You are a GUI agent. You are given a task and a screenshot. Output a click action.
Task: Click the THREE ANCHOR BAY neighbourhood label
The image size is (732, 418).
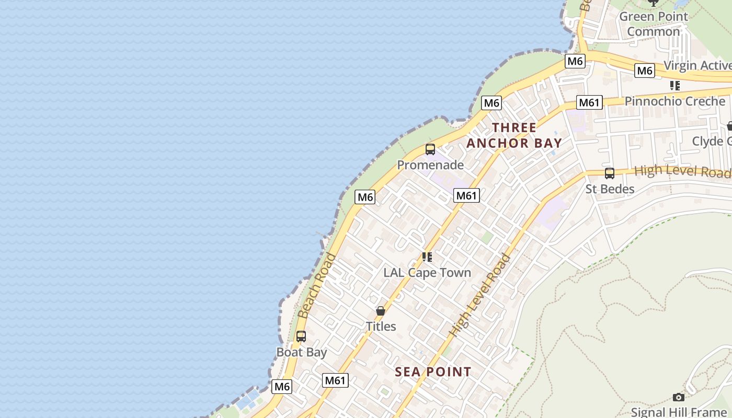click(514, 135)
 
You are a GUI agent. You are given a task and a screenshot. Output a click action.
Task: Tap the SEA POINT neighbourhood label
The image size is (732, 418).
click(433, 372)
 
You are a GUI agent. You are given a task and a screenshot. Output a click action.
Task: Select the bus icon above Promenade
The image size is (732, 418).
click(430, 149)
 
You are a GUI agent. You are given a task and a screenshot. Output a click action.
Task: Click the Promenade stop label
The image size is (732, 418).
click(430, 165)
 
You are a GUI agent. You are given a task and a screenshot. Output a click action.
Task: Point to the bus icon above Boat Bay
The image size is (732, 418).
click(301, 336)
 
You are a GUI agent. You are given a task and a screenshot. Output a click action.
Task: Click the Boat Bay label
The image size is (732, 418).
click(302, 352)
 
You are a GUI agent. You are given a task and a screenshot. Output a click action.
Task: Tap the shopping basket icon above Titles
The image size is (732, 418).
click(381, 311)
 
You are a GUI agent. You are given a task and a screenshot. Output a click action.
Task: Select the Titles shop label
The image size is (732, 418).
click(381, 327)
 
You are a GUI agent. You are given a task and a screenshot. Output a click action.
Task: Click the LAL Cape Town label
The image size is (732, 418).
click(427, 273)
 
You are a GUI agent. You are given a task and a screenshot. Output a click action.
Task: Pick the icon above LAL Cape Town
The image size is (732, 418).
click(427, 257)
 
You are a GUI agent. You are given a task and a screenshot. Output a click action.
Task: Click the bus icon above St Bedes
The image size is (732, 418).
click(610, 173)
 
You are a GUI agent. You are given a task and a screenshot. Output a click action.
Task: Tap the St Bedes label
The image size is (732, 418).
click(610, 189)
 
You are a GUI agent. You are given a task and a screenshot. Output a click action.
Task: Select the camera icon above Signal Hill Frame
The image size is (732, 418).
click(679, 398)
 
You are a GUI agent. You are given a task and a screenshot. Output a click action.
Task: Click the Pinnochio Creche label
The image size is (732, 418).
click(674, 101)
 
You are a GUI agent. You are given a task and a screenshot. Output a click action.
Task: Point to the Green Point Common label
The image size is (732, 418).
click(654, 24)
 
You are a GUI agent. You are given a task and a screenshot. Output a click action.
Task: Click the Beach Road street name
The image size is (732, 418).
click(317, 286)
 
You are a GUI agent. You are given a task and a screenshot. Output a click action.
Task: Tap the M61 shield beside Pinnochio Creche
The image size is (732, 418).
click(589, 102)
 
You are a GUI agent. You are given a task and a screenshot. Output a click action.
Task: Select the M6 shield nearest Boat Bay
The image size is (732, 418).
click(282, 387)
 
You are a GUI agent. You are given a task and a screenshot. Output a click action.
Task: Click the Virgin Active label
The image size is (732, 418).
click(697, 66)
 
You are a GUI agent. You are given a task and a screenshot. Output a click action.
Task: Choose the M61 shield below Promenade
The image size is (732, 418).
click(466, 195)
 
